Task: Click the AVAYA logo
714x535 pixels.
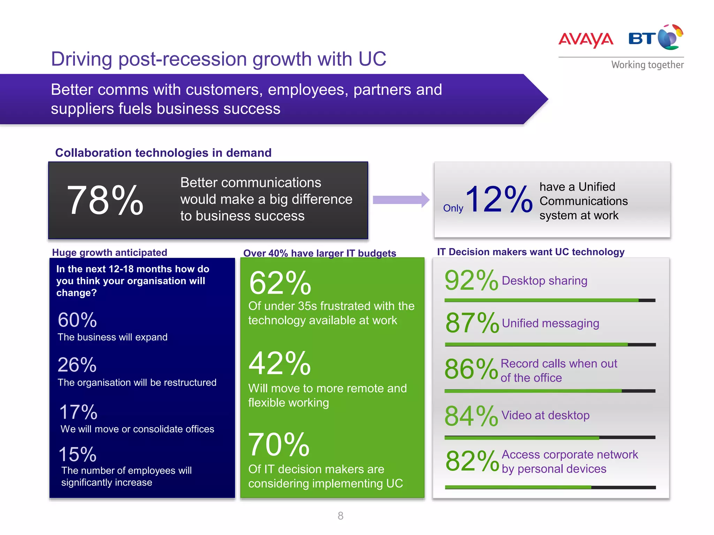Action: point(586,39)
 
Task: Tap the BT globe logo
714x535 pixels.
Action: point(670,37)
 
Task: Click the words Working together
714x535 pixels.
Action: point(647,65)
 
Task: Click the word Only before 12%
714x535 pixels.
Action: point(453,208)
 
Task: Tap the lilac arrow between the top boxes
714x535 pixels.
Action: point(401,200)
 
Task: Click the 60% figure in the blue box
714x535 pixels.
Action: point(77,320)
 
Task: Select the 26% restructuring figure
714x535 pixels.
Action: point(77,365)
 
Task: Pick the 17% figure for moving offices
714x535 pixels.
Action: point(78,412)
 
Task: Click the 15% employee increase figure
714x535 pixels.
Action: point(77,455)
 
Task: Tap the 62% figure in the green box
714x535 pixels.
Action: point(280,283)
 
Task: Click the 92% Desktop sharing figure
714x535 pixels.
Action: point(471,280)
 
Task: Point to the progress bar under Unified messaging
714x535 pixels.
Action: point(550,344)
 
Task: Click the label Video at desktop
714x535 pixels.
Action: point(545,415)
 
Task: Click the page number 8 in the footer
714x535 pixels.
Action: point(341,516)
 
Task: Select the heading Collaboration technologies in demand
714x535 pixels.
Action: point(163,153)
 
